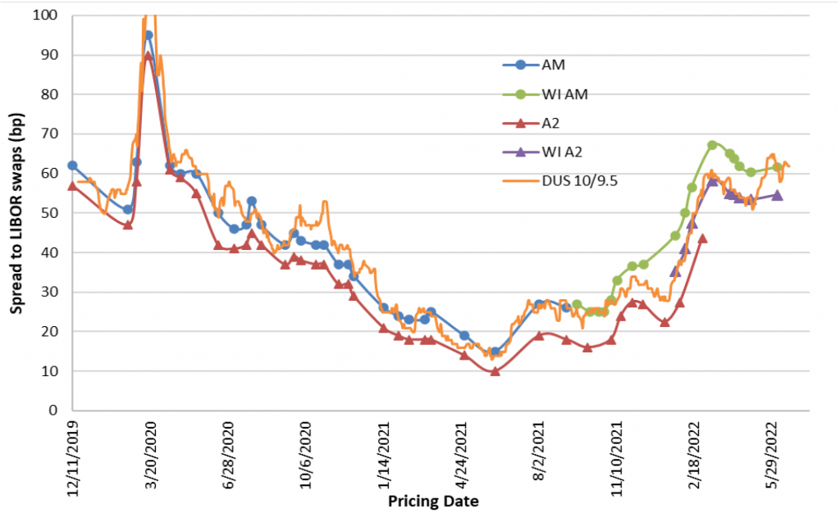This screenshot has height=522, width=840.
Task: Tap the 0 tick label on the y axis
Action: coord(53,411)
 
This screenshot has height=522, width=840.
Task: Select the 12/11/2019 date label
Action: coord(73,456)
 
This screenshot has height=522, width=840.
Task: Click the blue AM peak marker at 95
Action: coord(148,35)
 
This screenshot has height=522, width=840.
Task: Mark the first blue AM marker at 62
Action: coord(72,166)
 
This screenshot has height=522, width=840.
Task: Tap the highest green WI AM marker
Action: coord(712,145)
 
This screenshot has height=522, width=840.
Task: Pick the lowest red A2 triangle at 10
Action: coord(495,371)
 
